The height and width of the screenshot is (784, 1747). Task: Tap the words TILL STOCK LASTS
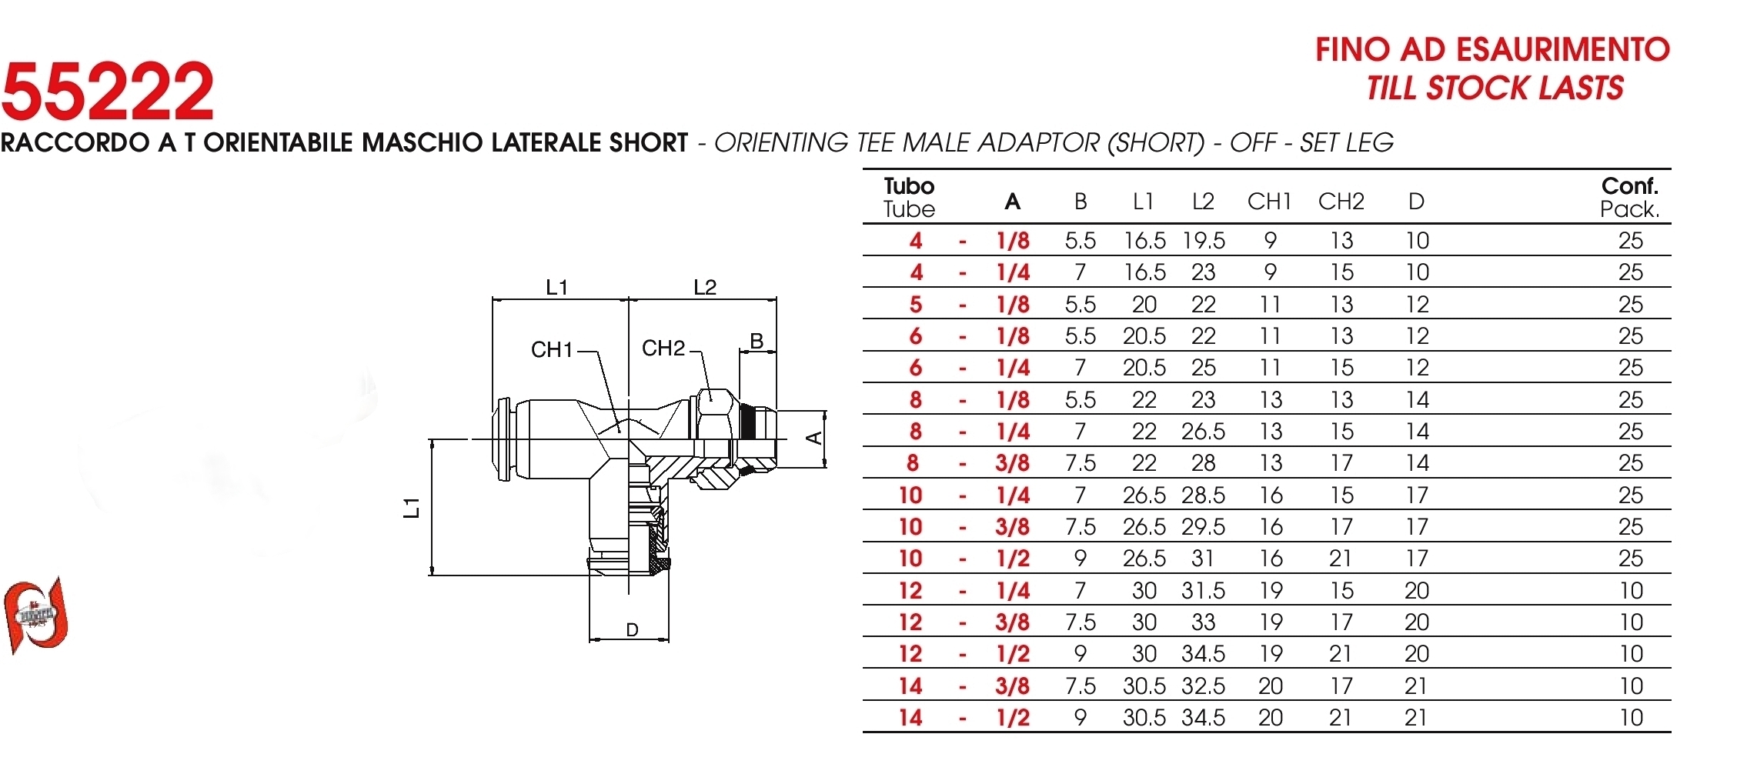tap(1495, 88)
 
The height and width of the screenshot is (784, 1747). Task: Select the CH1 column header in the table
tap(1269, 202)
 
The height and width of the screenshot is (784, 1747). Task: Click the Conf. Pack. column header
tap(1629, 198)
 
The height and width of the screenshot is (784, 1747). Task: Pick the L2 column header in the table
tap(1203, 202)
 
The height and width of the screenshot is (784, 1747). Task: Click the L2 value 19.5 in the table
tap(1204, 241)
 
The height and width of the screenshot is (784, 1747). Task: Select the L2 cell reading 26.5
tap(1204, 432)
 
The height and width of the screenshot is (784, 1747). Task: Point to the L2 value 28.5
tap(1204, 495)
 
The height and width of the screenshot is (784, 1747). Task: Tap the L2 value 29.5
tap(1204, 527)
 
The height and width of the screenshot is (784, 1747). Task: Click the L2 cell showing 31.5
tap(1204, 591)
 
